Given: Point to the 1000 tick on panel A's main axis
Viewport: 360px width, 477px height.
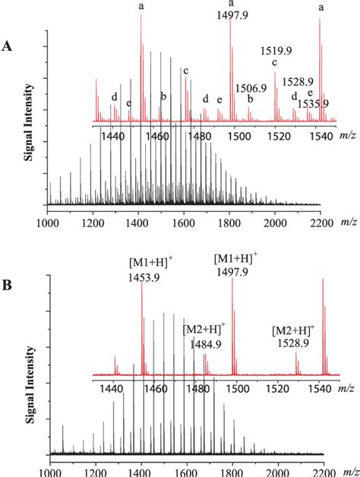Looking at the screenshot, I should pyautogui.click(x=48, y=222).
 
